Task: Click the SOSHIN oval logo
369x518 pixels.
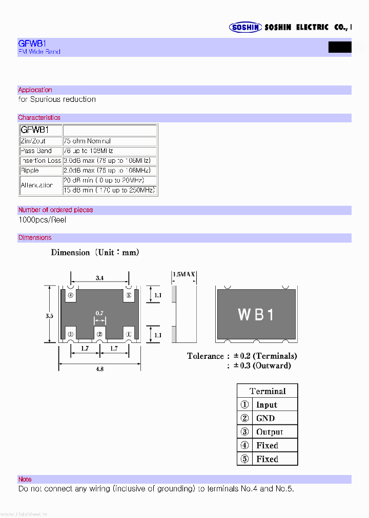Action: tap(245, 28)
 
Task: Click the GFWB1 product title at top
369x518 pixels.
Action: tap(32, 44)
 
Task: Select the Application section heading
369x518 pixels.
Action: tap(35, 90)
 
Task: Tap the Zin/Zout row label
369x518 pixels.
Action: tap(33, 141)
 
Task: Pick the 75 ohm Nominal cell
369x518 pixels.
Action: tap(87, 141)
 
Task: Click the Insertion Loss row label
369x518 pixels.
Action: tap(40, 161)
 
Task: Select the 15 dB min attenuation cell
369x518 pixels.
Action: tap(109, 190)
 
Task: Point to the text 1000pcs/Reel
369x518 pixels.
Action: tap(43, 220)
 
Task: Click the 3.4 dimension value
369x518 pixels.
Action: tap(100, 278)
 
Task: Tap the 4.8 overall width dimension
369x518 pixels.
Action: tap(100, 369)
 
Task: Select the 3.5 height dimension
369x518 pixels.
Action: tap(49, 316)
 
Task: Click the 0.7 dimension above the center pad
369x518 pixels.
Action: tap(99, 313)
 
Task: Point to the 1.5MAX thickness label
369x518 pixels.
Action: tap(184, 275)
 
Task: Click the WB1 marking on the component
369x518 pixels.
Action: tap(256, 315)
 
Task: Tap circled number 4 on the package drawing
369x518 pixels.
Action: tap(71, 295)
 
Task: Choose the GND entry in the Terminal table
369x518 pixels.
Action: tap(265, 418)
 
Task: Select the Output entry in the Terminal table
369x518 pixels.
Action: tap(270, 432)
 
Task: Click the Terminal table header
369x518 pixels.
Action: tap(268, 391)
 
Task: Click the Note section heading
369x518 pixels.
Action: tap(25, 480)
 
